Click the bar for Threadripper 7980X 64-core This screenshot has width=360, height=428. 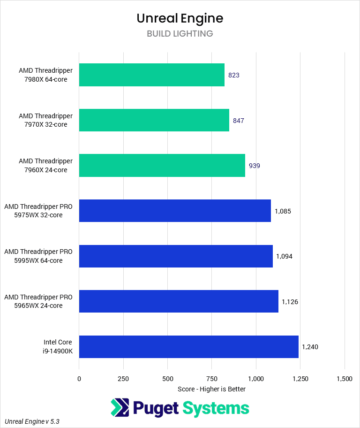151,75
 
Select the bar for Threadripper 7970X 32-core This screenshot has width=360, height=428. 154,120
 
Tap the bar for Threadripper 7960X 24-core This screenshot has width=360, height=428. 162,166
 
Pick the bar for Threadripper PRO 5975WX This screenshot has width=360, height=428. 175,211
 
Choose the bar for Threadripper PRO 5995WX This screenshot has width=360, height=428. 176,256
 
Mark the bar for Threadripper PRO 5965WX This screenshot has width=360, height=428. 179,301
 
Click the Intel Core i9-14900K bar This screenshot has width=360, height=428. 188,347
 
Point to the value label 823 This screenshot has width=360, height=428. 234,75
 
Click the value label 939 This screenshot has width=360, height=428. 255,166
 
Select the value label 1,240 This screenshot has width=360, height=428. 310,347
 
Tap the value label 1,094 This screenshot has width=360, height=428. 285,256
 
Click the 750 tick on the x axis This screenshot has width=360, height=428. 212,379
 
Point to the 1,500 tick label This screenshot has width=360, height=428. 345,379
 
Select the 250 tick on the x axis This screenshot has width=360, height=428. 123,379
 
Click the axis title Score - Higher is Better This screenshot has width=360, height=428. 211,389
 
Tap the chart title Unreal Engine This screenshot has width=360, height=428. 180,18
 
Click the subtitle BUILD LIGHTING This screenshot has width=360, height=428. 180,34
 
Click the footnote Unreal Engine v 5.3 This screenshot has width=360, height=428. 32,421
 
